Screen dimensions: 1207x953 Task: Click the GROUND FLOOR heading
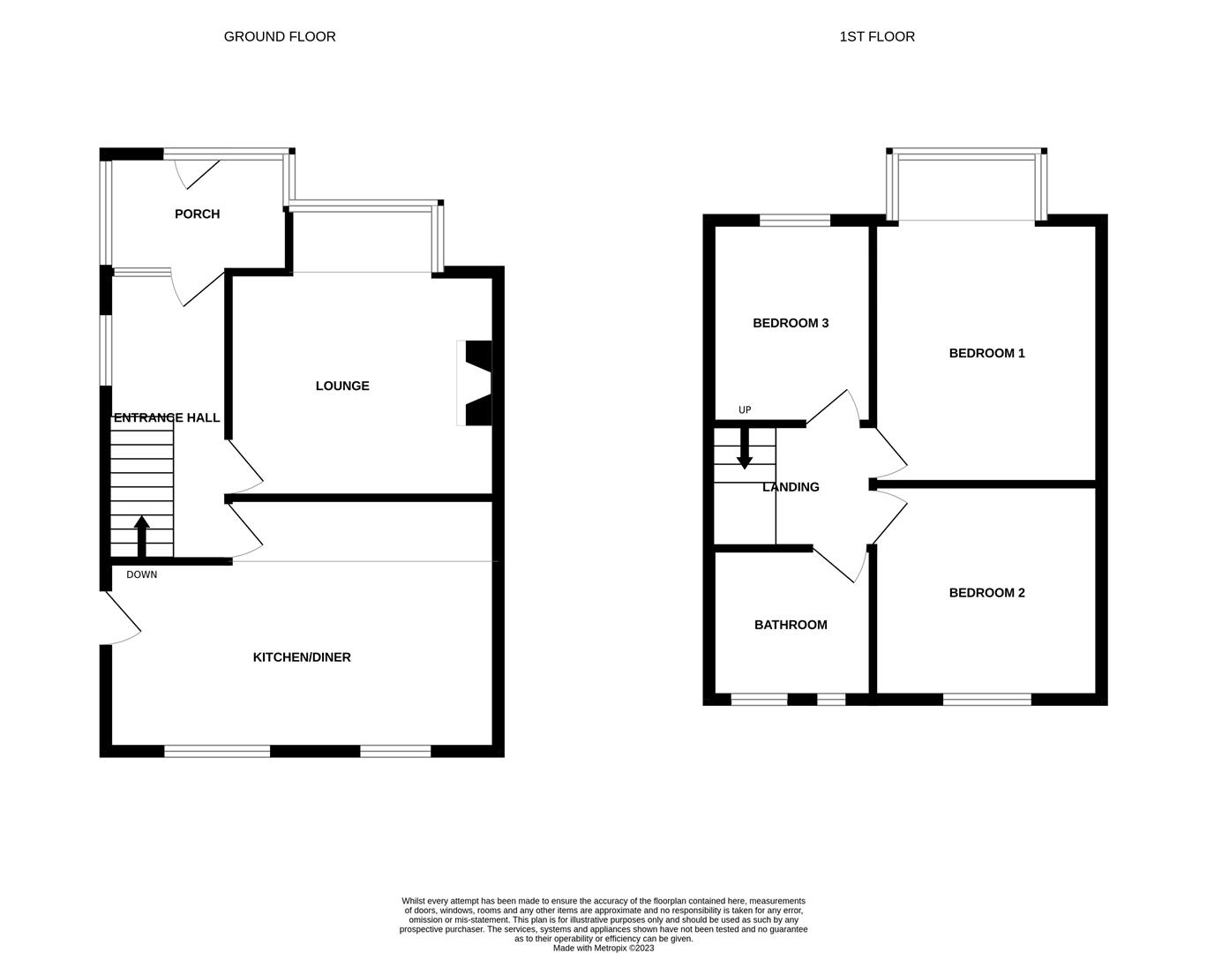coord(280,36)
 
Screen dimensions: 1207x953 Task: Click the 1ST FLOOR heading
coord(877,36)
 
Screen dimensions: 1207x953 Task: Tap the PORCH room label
coord(197,214)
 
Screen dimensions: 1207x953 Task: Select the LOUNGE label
coord(342,386)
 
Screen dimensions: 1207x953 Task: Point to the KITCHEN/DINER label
coord(302,657)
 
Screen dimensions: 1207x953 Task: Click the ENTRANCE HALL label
coord(167,418)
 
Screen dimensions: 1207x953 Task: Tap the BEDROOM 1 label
coord(986,353)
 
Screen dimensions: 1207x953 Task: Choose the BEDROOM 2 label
coord(986,593)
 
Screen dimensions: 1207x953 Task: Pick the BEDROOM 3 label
coord(791,323)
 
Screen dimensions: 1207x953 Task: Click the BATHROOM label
coord(791,625)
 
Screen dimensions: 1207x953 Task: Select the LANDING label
coord(791,487)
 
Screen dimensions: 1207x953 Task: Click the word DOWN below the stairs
coord(141,574)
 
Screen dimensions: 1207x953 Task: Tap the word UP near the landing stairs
coord(745,410)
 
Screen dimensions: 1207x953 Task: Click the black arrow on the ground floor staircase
coord(142,537)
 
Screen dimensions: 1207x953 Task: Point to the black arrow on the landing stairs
coord(745,449)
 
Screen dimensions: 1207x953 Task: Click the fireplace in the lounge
coord(475,383)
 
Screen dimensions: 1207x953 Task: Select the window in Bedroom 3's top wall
coord(794,220)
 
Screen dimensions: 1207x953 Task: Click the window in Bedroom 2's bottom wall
coord(986,700)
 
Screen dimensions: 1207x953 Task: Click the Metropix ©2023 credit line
coord(603,948)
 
